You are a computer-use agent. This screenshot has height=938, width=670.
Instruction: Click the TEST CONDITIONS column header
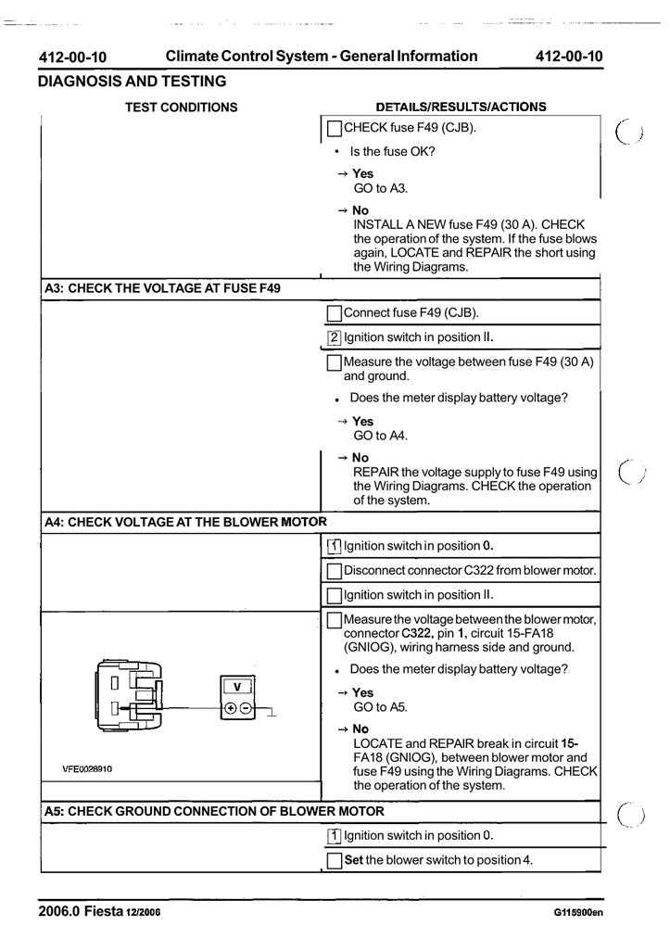[181, 107]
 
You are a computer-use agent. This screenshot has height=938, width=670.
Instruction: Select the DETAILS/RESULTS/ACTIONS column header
[461, 107]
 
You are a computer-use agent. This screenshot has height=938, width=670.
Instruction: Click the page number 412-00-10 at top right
[567, 57]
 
